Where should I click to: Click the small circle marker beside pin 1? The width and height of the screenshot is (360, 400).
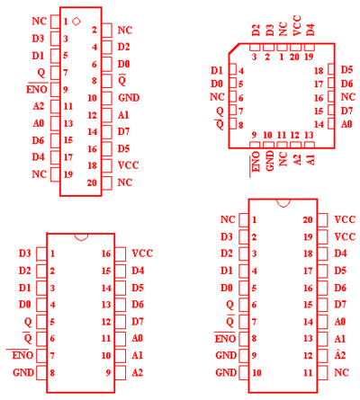[x=76, y=22]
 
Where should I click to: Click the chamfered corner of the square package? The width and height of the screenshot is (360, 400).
[x=234, y=49]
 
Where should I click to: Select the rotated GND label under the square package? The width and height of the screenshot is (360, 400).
[x=270, y=161]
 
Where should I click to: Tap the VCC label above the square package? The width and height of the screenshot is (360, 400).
[x=296, y=26]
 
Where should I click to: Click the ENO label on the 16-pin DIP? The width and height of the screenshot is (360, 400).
[x=22, y=355]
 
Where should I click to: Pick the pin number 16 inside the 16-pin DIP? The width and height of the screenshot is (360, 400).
[x=106, y=253]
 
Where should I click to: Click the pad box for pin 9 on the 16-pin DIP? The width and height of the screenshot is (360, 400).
[x=121, y=372]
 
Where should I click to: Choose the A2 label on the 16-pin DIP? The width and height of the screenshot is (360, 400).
[x=137, y=372]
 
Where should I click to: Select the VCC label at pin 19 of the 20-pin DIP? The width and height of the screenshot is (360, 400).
[x=345, y=236]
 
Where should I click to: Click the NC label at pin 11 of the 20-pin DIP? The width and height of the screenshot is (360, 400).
[x=341, y=372]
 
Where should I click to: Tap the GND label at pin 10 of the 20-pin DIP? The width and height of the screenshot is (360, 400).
[x=226, y=372]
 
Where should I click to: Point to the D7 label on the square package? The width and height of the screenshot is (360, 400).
[x=346, y=111]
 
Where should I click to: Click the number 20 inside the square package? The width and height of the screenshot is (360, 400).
[x=294, y=57]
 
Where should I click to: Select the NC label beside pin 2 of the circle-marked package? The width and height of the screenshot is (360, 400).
[x=125, y=30]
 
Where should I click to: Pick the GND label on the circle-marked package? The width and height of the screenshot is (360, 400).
[x=129, y=98]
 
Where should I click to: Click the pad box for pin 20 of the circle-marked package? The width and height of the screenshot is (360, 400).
[x=107, y=183]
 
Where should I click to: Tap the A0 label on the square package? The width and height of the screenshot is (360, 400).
[x=346, y=124]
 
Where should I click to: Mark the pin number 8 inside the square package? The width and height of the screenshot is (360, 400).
[x=240, y=125]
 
